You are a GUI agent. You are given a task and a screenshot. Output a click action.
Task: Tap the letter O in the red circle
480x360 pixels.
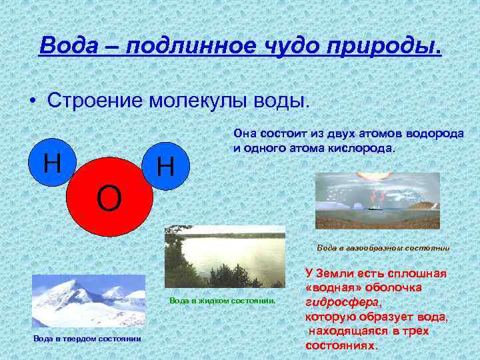(x=109, y=198)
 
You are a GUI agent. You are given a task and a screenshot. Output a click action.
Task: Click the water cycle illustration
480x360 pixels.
(x=377, y=201)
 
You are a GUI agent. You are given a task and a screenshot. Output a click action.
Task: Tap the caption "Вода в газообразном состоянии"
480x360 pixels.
(x=383, y=248)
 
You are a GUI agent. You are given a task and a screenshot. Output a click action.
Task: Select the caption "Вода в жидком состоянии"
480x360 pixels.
(x=223, y=301)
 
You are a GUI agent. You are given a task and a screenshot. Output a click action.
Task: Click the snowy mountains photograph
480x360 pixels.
(x=88, y=301)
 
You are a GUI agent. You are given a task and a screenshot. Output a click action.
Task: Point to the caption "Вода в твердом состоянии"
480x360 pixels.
(x=87, y=339)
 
